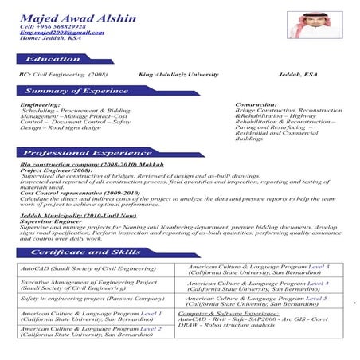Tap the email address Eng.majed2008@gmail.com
click(62, 33)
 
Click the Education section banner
click(53, 59)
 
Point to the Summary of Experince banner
click(76, 92)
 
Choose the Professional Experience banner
click(76, 152)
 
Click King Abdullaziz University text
click(178, 74)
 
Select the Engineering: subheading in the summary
click(40, 104)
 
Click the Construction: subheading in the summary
click(256, 104)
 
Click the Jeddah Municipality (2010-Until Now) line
click(78, 215)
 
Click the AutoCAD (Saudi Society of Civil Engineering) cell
click(88, 269)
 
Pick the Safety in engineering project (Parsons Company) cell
click(92, 299)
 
